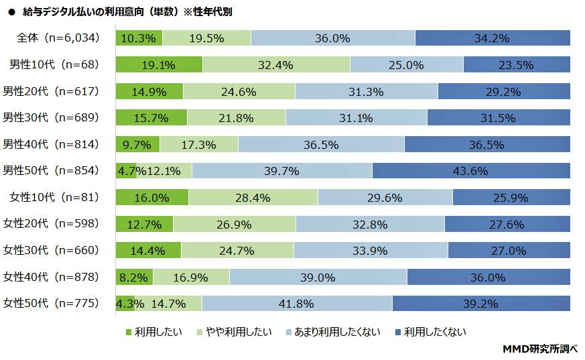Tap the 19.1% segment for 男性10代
pos(159,64)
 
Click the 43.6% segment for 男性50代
pos(470,170)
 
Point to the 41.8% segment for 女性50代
pos(296,303)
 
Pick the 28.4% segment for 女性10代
pos(253,197)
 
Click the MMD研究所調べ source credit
pos(539,349)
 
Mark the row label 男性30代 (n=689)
pos(51,117)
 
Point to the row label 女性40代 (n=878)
pos(51,276)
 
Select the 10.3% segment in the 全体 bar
pos(139,38)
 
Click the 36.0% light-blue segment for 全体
pos(332,38)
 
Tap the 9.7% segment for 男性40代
pos(137,144)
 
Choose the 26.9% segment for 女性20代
pos(234,223)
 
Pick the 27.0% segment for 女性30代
pos(509,250)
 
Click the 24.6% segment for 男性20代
pos(239,91)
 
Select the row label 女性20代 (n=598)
pos(51,223)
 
